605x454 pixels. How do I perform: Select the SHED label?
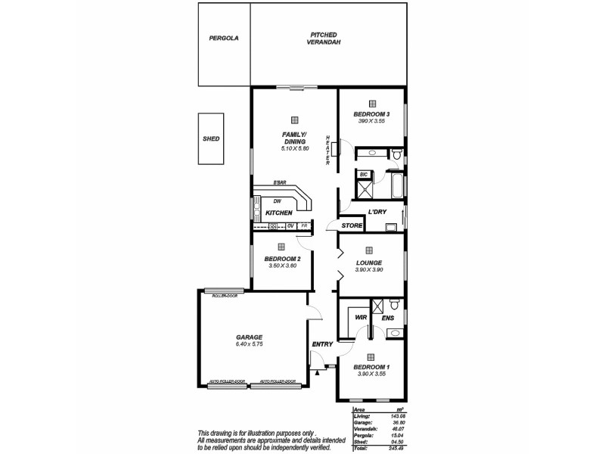(211, 139)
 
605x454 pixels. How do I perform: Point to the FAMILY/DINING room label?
(294, 138)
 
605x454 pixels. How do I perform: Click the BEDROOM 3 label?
(371, 114)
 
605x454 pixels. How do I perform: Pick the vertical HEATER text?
(328, 151)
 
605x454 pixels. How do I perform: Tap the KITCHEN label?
(278, 213)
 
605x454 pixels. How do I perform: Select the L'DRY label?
(377, 212)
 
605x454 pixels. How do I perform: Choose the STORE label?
(352, 225)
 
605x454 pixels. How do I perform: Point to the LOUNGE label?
(369, 263)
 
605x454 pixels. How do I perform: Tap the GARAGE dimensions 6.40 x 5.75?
(249, 344)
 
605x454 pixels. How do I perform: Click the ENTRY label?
(322, 345)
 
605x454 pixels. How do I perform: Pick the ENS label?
(387, 318)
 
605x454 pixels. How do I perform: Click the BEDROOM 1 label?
(371, 367)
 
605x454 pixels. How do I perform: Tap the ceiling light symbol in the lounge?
(369, 250)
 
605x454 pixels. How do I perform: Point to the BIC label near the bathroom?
(363, 174)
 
